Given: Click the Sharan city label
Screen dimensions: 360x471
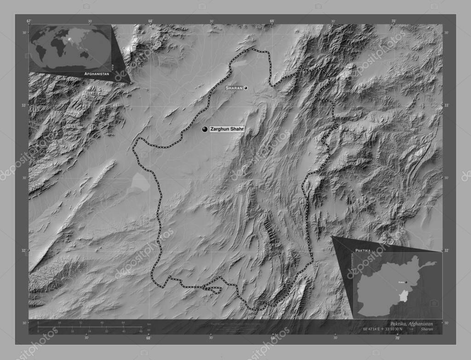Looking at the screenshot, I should [x=234, y=88].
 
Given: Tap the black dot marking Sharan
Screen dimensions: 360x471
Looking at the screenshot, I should [x=246, y=88].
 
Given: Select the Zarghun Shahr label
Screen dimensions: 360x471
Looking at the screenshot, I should [x=226, y=130].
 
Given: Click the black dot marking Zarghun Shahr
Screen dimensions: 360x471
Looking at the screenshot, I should [x=205, y=130].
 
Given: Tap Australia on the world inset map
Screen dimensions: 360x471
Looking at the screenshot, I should [x=84, y=54].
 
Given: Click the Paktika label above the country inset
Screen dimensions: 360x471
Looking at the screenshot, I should [x=363, y=251].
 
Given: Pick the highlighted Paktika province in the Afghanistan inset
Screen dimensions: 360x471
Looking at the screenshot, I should [x=403, y=295].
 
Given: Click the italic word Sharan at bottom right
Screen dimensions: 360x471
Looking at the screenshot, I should [x=427, y=329].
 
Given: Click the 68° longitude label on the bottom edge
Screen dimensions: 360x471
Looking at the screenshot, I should [x=149, y=338].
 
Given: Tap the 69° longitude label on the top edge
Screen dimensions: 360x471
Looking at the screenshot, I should [x=272, y=21].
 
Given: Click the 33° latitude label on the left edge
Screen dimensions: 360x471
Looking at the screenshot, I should [x=24, y=105].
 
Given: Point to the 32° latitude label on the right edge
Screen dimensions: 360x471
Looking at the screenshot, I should [x=446, y=251].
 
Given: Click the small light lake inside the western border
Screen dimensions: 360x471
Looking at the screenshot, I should [x=139, y=183].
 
